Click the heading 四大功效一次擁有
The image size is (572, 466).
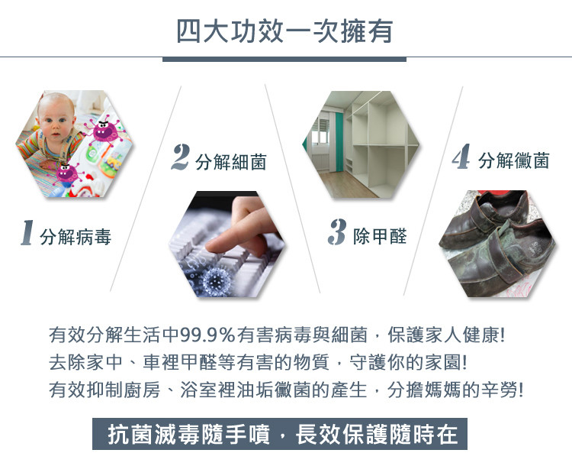click(285, 31)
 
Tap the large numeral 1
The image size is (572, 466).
click(27, 232)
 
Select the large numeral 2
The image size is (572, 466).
click(181, 157)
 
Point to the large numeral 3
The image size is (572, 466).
click(336, 231)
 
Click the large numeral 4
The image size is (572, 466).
click(461, 156)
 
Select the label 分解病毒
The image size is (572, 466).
click(76, 237)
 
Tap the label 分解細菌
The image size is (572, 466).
click(231, 162)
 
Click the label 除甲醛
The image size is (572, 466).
click(380, 236)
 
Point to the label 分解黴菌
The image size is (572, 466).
click(513, 160)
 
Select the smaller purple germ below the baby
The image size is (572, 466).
click(67, 173)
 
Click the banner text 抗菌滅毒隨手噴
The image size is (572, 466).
click(188, 435)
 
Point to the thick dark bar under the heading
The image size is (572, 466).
click(284, 60)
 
